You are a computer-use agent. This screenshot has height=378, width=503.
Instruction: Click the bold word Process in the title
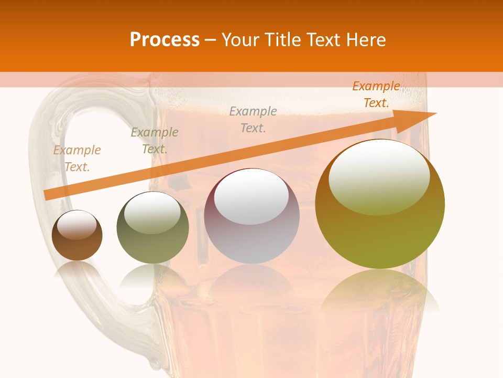click(x=165, y=40)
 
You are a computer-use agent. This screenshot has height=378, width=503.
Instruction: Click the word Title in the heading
click(x=284, y=40)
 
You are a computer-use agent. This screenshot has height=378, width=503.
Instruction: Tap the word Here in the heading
click(x=366, y=40)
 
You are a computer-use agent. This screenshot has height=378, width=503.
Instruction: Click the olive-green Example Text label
click(x=154, y=141)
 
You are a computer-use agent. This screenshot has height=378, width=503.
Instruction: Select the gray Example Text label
click(x=253, y=120)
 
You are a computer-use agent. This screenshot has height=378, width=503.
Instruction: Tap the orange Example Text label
click(x=376, y=94)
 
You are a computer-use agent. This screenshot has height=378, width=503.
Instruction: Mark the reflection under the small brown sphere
click(x=77, y=270)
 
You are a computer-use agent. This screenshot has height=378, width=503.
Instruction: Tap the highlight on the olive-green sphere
click(x=152, y=213)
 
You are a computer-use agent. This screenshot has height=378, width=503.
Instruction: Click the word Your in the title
click(x=240, y=40)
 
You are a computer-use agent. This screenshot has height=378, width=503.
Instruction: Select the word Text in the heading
click(x=325, y=40)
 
